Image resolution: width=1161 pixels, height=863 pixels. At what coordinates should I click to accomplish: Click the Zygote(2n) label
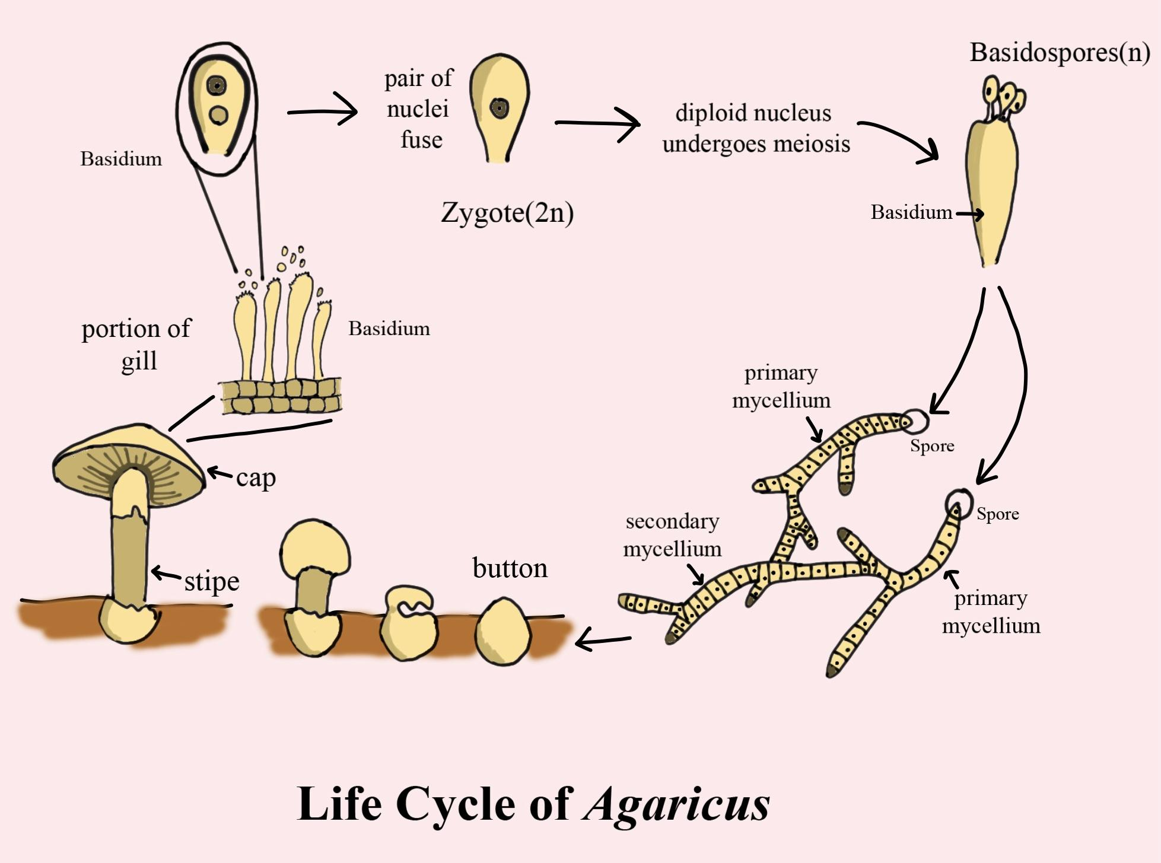(507, 213)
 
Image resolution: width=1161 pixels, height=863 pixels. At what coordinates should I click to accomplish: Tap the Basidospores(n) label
(1060, 52)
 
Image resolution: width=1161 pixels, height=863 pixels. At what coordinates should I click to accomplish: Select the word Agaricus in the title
(676, 804)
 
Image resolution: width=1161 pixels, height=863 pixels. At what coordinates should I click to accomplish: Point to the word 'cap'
(256, 477)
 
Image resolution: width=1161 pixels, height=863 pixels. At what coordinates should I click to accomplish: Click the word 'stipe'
(212, 581)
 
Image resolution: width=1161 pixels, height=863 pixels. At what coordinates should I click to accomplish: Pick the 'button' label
(510, 568)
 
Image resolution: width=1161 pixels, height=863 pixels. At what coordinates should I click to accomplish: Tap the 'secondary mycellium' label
(672, 535)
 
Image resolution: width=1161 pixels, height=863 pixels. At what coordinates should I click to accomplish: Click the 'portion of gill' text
(136, 344)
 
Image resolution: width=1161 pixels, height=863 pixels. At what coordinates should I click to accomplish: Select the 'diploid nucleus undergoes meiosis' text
(756, 128)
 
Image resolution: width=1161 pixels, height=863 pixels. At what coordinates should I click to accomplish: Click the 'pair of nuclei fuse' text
(419, 109)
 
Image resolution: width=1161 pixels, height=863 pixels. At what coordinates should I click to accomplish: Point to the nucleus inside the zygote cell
(500, 109)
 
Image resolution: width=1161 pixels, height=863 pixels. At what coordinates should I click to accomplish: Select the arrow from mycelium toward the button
(603, 639)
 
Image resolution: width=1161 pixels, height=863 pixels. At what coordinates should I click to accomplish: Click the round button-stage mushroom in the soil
(502, 630)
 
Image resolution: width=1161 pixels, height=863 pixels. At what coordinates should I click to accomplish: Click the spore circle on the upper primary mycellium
(916, 421)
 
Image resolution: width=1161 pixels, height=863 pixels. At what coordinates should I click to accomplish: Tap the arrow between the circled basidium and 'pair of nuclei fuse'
(323, 111)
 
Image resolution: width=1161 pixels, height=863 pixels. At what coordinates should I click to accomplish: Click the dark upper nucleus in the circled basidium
(217, 86)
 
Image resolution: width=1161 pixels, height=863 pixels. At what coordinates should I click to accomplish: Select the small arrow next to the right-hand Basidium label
(969, 214)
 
